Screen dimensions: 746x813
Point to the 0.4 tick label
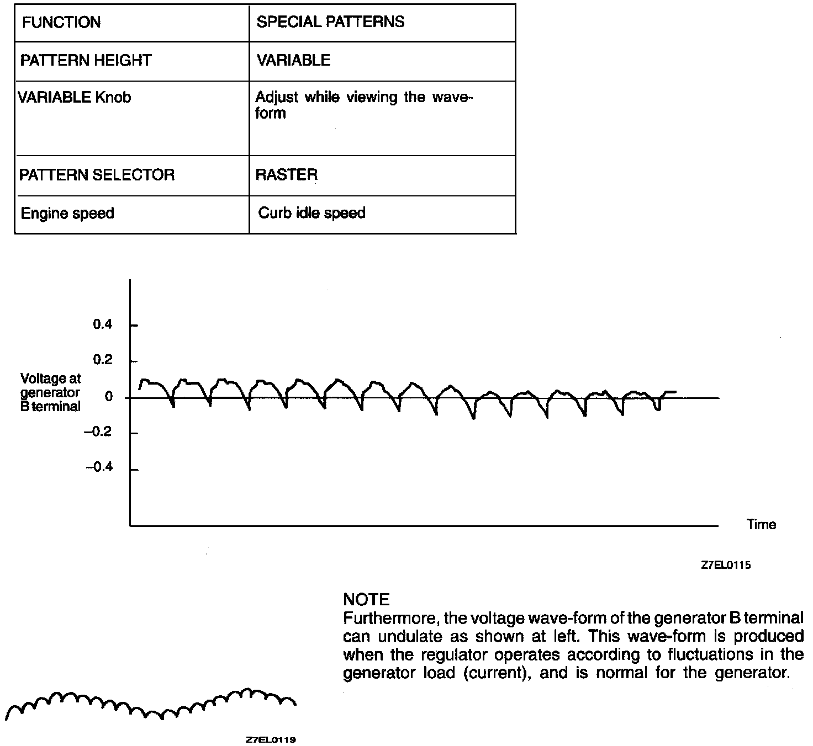coord(102,324)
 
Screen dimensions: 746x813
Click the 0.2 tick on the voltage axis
coord(102,360)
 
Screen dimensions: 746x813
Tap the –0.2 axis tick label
coord(98,432)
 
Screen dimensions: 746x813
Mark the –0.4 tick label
coord(98,468)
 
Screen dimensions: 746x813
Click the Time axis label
coord(761,525)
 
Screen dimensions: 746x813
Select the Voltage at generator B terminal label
coord(50,392)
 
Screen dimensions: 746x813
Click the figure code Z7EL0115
coord(725,566)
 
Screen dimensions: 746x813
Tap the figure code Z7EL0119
coord(271,740)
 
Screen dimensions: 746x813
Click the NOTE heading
coord(366,600)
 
